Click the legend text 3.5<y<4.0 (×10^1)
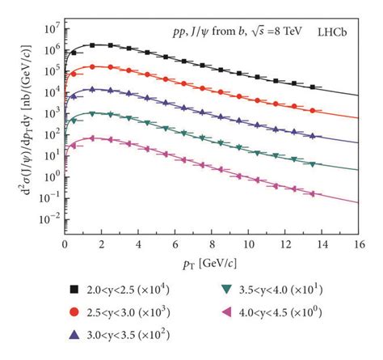click(x=284, y=287)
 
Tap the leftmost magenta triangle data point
click(x=74, y=146)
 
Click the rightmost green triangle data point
click(x=312, y=164)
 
